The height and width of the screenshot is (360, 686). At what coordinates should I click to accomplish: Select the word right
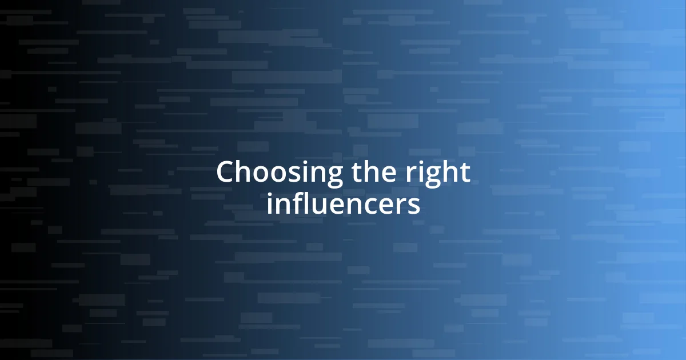pos(436,173)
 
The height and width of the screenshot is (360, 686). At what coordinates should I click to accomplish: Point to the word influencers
pos(343,204)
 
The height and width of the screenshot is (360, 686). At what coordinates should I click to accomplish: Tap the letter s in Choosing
pos(283,174)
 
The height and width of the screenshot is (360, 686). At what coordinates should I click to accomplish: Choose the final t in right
pos(464,173)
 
